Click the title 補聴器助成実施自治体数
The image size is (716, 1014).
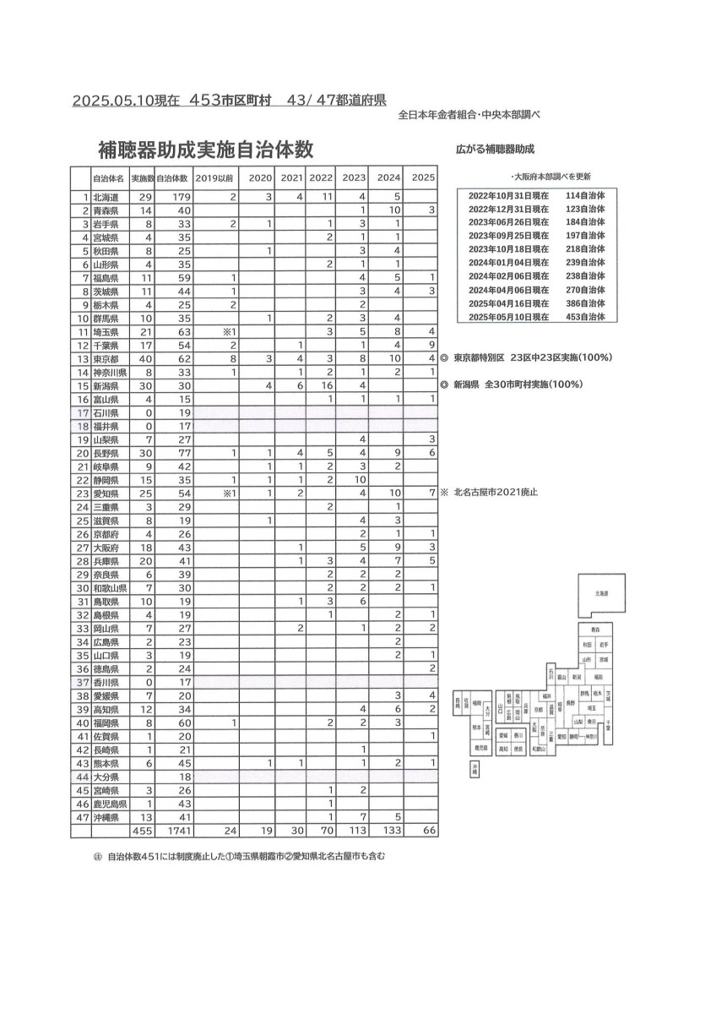click(206, 150)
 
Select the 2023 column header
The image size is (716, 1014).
click(354, 178)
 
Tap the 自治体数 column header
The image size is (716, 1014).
click(174, 178)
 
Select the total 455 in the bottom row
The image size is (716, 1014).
click(142, 831)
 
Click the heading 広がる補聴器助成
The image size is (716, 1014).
click(496, 149)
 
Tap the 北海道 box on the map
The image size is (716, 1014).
click(602, 595)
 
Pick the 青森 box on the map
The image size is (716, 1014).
click(595, 630)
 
